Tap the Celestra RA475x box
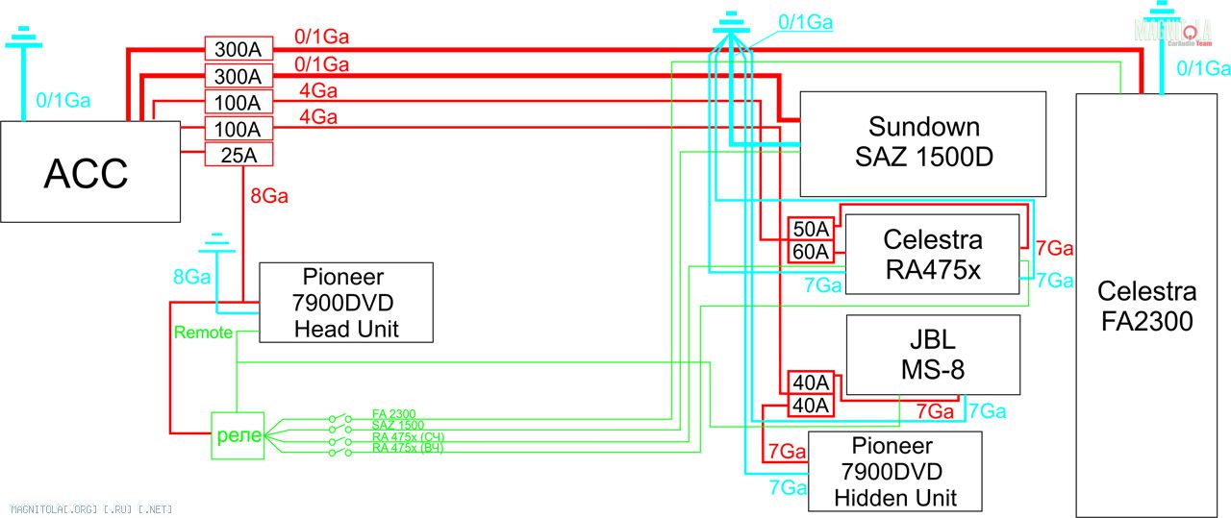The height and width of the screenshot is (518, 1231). click(x=932, y=254)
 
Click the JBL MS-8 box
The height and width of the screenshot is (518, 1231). click(x=932, y=355)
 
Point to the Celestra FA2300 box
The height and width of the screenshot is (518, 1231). click(x=1146, y=306)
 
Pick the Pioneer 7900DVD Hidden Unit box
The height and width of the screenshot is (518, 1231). click(x=895, y=471)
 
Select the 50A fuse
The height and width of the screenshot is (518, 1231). click(x=810, y=229)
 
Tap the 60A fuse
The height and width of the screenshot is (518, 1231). click(x=810, y=252)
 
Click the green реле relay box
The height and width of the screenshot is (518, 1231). click(x=237, y=434)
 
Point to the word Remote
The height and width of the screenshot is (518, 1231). click(x=203, y=333)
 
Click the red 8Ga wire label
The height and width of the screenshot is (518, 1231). click(x=268, y=196)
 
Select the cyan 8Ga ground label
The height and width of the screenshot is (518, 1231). click(x=191, y=277)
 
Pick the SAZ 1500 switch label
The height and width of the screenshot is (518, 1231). click(x=397, y=425)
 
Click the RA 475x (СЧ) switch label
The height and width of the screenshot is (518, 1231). click(x=408, y=437)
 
